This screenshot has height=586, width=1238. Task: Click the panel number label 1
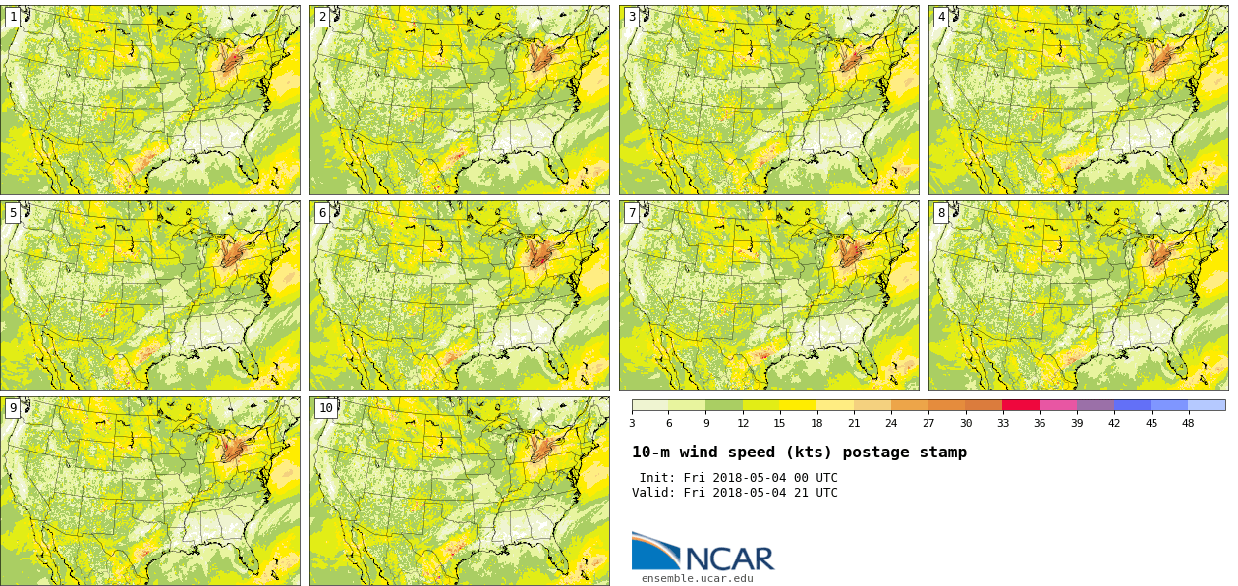click(13, 17)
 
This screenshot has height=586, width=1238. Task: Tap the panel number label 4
click(941, 17)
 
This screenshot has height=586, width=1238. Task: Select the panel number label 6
click(322, 213)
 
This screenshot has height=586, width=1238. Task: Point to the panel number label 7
click(632, 213)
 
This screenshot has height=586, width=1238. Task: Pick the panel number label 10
click(325, 408)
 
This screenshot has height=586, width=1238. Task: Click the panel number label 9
click(13, 408)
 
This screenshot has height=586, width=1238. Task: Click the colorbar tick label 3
click(632, 424)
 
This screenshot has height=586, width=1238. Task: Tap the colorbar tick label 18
click(816, 424)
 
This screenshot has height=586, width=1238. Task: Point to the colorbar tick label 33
click(1002, 424)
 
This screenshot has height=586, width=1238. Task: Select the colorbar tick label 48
click(1188, 424)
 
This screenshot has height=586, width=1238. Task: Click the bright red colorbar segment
click(1021, 404)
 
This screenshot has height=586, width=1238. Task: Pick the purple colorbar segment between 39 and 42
click(1095, 404)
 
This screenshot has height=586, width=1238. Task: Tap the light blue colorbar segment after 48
click(1207, 404)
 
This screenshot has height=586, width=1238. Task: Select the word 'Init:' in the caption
click(657, 478)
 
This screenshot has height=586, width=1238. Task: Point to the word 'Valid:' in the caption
click(653, 493)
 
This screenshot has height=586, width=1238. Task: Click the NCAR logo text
click(729, 559)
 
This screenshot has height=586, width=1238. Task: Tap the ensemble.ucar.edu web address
click(697, 579)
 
